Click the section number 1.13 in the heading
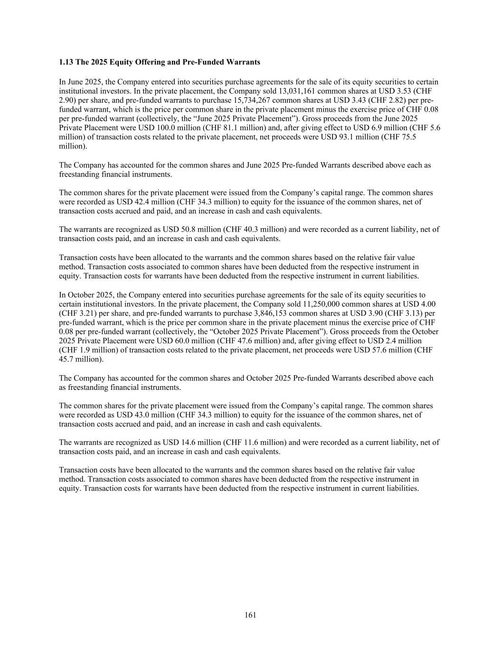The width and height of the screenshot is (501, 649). pos(65,62)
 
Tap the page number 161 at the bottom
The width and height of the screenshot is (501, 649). pos(250,615)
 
